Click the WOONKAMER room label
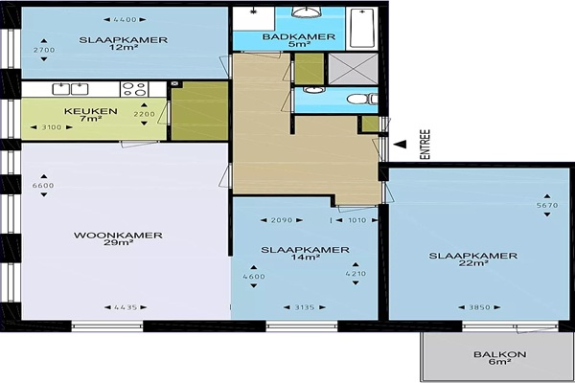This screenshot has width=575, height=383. pyautogui.click(x=118, y=235)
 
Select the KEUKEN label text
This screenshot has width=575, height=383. pyautogui.click(x=91, y=111)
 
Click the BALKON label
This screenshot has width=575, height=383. pyautogui.click(x=500, y=354)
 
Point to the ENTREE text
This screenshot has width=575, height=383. pyautogui.click(x=425, y=145)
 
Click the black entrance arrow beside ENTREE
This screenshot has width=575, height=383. pyautogui.click(x=400, y=145)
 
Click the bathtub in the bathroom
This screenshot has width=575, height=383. pyautogui.click(x=362, y=27)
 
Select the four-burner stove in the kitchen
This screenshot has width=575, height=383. pyautogui.click(x=134, y=89)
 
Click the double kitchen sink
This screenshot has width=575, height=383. pyautogui.click(x=70, y=89)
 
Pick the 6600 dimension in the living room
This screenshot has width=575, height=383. pyautogui.click(x=43, y=186)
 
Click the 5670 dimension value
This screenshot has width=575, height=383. pyautogui.click(x=547, y=205)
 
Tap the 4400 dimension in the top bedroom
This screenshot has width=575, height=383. pyautogui.click(x=125, y=20)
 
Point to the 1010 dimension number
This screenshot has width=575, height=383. pyautogui.click(x=357, y=220)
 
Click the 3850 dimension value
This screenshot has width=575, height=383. pyautogui.click(x=479, y=307)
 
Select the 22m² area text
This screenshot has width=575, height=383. pyautogui.click(x=473, y=263)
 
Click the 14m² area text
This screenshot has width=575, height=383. pyautogui.click(x=306, y=258)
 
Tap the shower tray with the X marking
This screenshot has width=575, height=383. pyautogui.click(x=353, y=69)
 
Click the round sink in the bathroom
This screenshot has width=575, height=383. pyautogui.click(x=307, y=12)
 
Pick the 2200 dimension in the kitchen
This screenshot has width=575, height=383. pyautogui.click(x=144, y=114)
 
